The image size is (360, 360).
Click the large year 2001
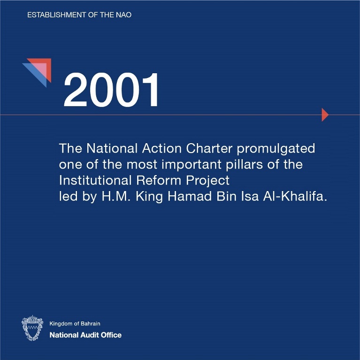(x=111, y=90)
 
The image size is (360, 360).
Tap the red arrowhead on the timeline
(x=325, y=115)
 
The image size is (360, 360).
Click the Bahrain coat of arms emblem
(x=32, y=328)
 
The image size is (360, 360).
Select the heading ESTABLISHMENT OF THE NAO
(x=79, y=15)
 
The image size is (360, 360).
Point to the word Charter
(x=209, y=148)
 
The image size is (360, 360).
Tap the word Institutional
(x=95, y=180)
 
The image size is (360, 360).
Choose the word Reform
(x=159, y=180)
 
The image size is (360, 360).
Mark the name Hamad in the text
(x=190, y=196)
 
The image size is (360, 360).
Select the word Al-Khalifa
(x=295, y=196)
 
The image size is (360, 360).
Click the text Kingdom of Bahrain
(x=75, y=323)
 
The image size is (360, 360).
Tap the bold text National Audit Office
(x=85, y=335)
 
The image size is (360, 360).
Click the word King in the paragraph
(x=149, y=197)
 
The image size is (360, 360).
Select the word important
(x=191, y=165)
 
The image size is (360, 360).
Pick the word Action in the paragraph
(x=162, y=148)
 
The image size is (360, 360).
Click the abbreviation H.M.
(x=116, y=196)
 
